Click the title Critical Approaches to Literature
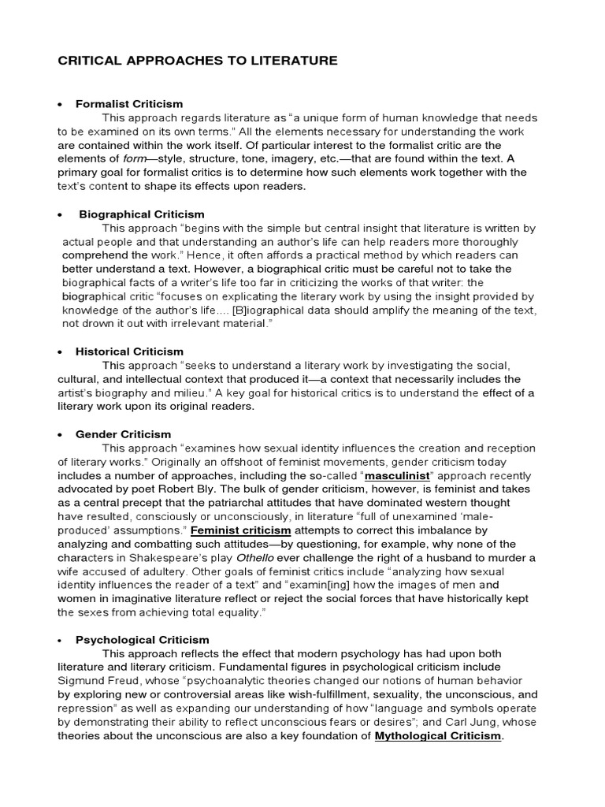click(187, 60)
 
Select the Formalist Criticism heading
click(129, 103)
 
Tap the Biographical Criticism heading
click(142, 214)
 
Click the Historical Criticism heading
click(129, 351)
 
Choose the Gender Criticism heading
click(123, 434)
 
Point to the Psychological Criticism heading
click(143, 640)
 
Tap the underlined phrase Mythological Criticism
click(437, 736)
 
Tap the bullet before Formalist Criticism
click(60, 104)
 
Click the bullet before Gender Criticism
click(60, 435)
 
